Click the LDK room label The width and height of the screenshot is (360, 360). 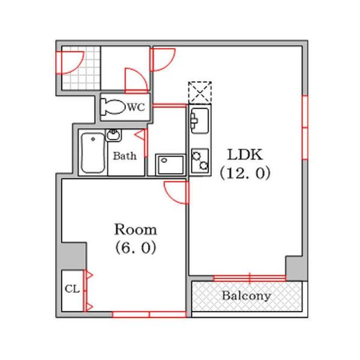(245, 155)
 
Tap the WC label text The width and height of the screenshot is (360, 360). (136, 107)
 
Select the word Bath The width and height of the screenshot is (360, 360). (125, 156)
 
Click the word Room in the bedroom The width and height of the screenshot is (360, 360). (136, 229)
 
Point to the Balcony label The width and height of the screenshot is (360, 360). (247, 296)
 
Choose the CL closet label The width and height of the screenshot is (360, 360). (72, 289)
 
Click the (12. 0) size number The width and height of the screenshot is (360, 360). (245, 173)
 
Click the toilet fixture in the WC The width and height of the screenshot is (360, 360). (113, 107)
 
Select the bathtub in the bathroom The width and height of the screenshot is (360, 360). (93, 152)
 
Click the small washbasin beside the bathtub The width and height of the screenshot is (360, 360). (113, 135)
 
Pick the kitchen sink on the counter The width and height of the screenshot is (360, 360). (200, 121)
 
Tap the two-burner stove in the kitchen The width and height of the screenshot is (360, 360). (200, 161)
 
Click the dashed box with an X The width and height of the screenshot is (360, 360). (200, 92)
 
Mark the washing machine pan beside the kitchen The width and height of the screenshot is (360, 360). (170, 164)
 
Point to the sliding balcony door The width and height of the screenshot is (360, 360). (250, 278)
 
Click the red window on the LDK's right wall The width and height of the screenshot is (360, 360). (305, 127)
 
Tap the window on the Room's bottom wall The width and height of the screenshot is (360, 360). (149, 314)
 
